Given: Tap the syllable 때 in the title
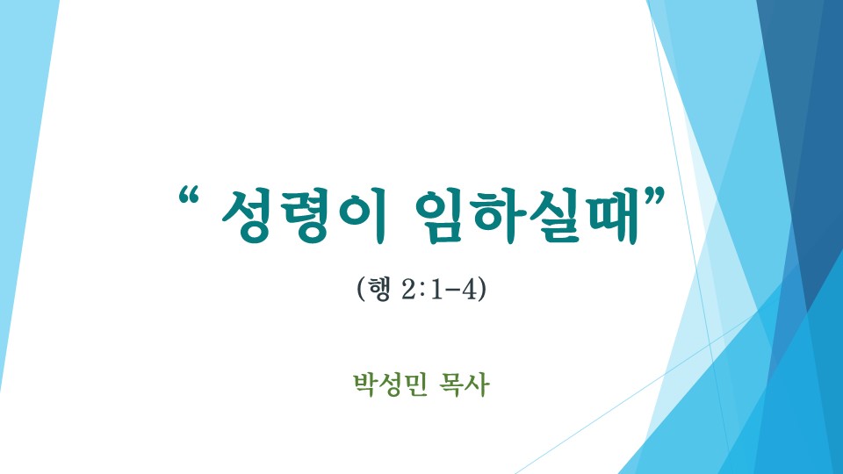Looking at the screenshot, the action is (x=613, y=216).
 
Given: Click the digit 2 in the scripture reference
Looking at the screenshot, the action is (x=409, y=290).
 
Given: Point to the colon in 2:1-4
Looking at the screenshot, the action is (x=422, y=291).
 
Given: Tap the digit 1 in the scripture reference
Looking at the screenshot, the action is (x=436, y=290).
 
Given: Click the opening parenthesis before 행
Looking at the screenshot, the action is (x=361, y=290).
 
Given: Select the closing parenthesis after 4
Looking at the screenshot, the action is (x=482, y=290).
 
